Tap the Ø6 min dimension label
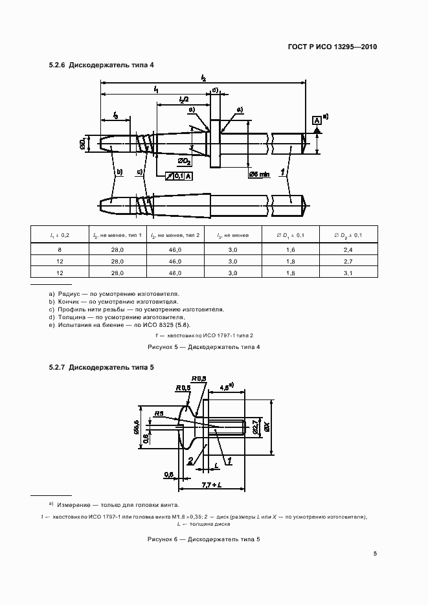click(260, 175)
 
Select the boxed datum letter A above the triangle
click(317, 120)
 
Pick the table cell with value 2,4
click(348, 249)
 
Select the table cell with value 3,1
click(348, 274)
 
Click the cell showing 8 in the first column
click(60, 249)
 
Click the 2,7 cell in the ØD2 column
click(348, 262)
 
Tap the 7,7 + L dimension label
click(212, 484)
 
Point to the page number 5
click(375, 553)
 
